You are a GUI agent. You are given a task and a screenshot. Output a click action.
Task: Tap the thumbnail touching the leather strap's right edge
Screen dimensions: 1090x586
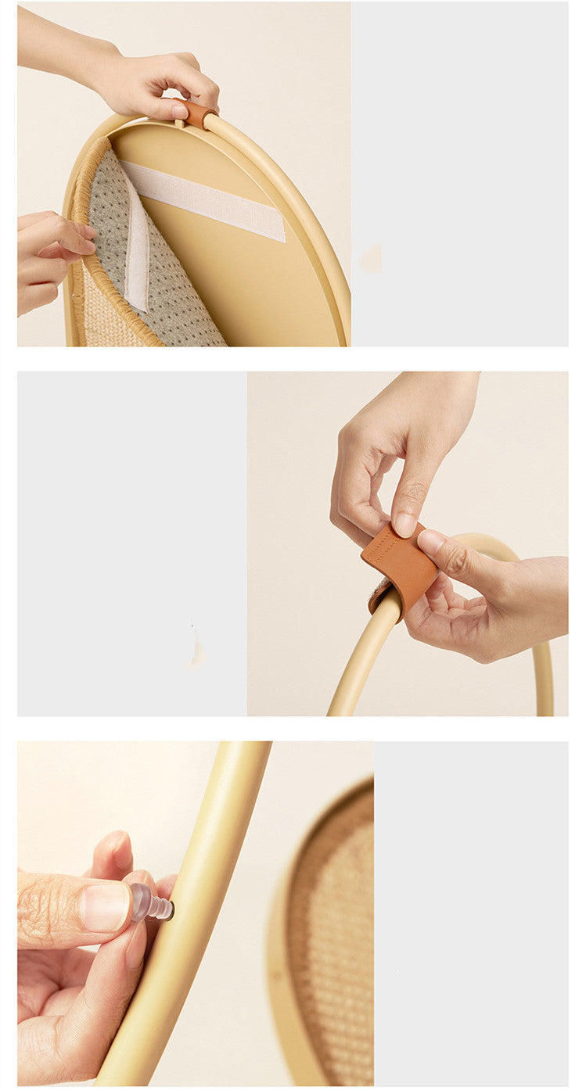click(430, 541)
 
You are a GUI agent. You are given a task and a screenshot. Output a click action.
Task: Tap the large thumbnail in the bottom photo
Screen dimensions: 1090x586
click(105, 907)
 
